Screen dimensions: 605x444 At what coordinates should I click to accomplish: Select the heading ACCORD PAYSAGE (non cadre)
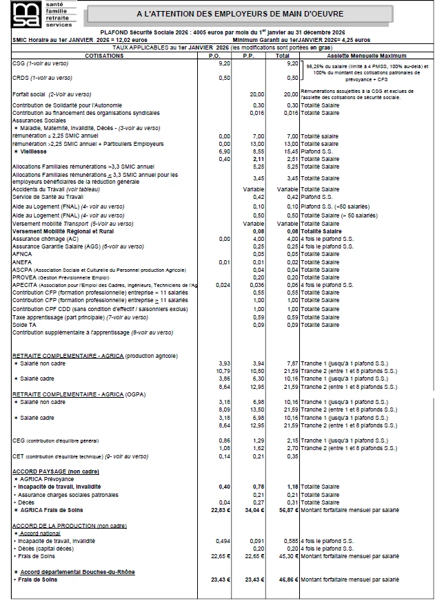coord(56,471)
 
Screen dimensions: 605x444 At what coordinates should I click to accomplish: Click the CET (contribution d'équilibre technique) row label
coord(80,456)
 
